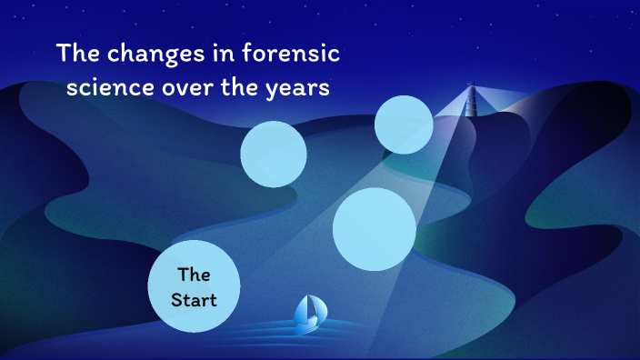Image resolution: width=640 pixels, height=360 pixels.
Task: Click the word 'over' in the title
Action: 188,89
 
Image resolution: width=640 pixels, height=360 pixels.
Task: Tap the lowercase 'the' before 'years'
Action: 240,89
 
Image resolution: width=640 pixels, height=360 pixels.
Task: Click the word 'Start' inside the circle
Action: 194,298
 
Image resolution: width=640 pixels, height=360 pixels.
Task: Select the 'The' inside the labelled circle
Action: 194,274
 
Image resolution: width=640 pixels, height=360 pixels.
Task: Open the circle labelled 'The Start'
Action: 194,285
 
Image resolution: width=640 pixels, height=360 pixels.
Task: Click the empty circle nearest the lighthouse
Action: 404,124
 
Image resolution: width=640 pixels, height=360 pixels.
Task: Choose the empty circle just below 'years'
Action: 274,155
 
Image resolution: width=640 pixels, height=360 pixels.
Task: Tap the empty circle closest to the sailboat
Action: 374,229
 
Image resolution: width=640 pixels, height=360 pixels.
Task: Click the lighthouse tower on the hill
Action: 471,105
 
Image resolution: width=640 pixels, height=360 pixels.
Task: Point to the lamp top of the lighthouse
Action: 471,87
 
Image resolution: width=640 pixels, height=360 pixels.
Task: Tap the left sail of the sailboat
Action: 302,311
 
